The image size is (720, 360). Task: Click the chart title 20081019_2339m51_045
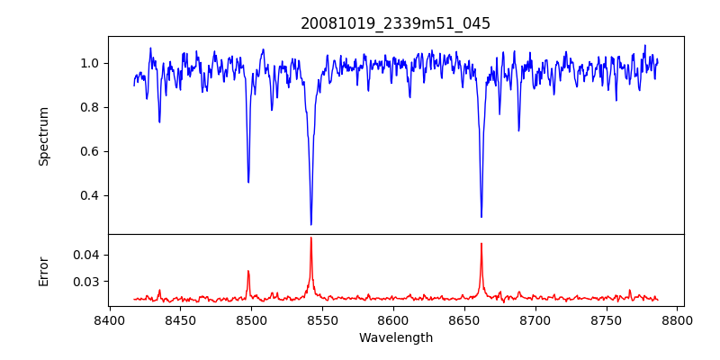click(396, 23)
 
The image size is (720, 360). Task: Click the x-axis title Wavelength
click(396, 337)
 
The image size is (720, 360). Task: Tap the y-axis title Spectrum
click(44, 136)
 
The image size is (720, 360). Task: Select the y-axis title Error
click(44, 270)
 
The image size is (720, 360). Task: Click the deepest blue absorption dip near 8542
click(311, 224)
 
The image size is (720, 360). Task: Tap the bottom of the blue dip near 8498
click(248, 182)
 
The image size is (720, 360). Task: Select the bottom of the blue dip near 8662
click(481, 216)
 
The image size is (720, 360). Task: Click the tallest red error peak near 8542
click(311, 238)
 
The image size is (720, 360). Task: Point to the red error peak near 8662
click(481, 243)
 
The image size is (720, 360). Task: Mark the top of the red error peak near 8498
click(248, 271)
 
